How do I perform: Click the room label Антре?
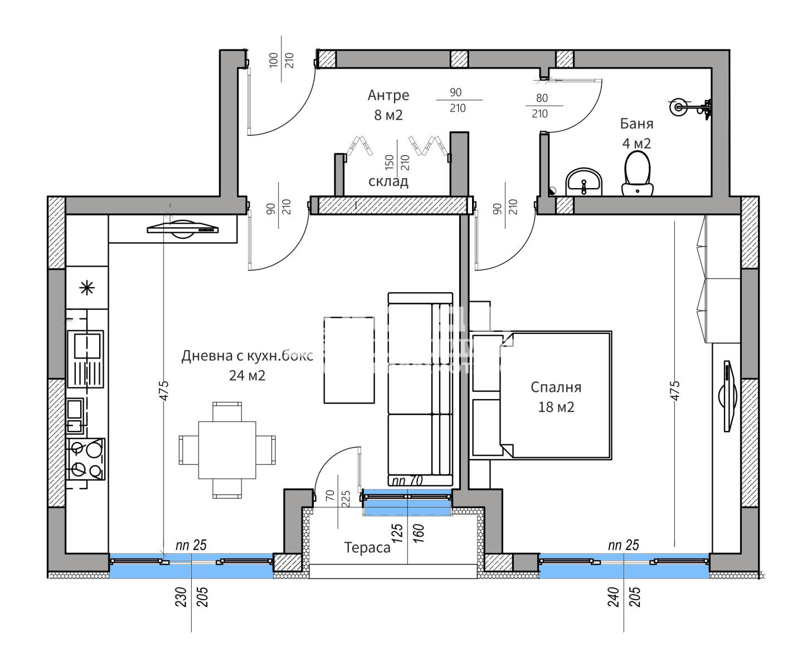pos(388,95)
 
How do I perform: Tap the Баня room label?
pos(636,124)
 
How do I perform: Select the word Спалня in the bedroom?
pos(556,387)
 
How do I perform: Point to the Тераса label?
pos(367,548)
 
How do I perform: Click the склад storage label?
pos(388,181)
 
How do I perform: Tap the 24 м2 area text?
pos(247,376)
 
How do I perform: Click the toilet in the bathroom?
pos(637,174)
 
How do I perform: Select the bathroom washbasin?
pos(584,182)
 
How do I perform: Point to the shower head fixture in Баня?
pos(690,107)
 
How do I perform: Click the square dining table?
pos(227,450)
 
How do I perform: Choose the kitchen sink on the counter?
pos(86,359)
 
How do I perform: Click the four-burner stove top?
pos(86,459)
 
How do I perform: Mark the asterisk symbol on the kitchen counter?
pos(87,288)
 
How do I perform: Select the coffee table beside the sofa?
pos(349,360)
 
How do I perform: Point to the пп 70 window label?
pos(407,480)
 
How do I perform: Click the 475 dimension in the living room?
pos(164,390)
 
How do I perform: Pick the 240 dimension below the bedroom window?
pos(613,597)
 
